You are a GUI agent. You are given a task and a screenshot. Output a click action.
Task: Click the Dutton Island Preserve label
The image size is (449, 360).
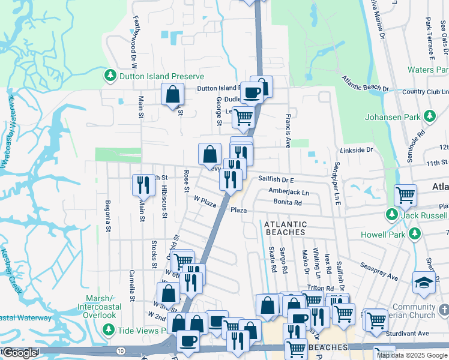(160, 76)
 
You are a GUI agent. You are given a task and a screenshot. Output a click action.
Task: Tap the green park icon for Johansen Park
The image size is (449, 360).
(429, 115)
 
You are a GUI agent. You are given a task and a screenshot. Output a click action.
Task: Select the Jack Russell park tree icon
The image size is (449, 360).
(392, 214)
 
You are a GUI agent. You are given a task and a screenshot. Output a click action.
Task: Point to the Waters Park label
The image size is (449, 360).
(428, 70)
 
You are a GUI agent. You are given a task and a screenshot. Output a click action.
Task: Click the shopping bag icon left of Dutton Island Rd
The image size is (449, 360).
(173, 94)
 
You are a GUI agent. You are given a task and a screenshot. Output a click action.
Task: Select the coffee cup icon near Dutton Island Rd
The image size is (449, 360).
(252, 92)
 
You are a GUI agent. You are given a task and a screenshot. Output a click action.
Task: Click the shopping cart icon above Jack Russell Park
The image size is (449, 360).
(406, 194)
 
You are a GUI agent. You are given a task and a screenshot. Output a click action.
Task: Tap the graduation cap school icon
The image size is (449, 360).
(423, 282)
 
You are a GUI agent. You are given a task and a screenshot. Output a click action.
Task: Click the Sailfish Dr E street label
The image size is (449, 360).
(276, 179)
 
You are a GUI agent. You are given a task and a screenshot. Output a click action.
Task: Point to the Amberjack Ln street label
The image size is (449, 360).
(289, 192)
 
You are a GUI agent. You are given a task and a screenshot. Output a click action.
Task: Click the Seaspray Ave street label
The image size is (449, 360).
(379, 272)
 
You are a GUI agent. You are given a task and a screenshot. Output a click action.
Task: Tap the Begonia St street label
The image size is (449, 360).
(109, 215)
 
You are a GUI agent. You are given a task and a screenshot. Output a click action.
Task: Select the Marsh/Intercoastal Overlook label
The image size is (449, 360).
(91, 307)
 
